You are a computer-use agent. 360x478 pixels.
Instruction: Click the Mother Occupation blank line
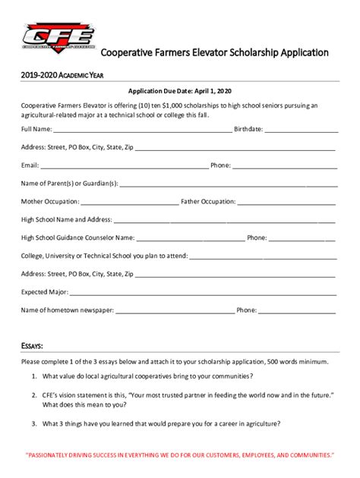point(129,203)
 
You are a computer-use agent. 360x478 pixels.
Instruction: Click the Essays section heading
point(32,346)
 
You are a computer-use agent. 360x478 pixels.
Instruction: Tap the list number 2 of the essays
point(34,395)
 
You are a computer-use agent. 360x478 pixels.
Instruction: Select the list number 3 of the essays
point(34,423)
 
